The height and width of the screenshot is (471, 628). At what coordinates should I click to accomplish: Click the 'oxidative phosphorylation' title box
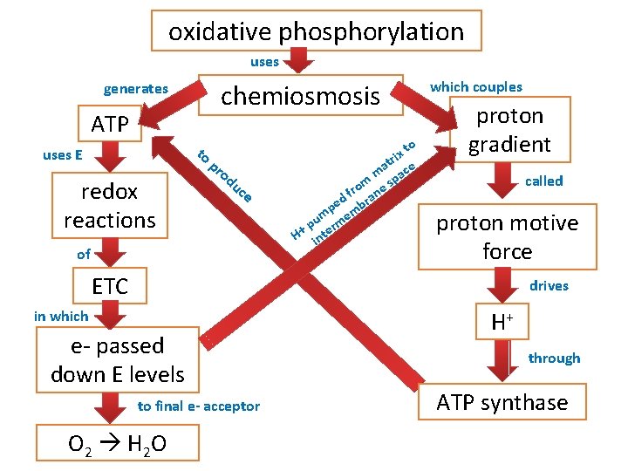(316, 32)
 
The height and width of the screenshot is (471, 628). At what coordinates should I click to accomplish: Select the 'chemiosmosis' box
(301, 96)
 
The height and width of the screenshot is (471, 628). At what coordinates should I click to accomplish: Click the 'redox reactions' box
(110, 205)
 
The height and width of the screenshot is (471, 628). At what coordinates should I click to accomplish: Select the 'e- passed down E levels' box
(118, 360)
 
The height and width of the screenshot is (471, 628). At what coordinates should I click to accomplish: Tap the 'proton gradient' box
(509, 131)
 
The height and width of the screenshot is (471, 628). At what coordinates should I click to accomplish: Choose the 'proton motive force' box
(507, 237)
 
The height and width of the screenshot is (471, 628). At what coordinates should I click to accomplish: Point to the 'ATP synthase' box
(502, 402)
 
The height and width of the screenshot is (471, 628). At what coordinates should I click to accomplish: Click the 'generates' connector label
(136, 89)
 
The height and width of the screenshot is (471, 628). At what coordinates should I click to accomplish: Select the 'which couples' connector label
(476, 86)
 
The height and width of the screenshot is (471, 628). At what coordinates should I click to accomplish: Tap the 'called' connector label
(543, 181)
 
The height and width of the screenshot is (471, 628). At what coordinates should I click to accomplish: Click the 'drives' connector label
(549, 285)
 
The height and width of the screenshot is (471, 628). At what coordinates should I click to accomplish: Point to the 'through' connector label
(554, 358)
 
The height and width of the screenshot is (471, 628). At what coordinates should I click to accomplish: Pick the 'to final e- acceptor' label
(199, 406)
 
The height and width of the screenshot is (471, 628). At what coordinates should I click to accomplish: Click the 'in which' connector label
(62, 317)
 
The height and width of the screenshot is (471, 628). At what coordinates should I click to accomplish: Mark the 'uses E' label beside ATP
(62, 155)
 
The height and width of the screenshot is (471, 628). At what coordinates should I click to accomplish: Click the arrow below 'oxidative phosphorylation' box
(300, 59)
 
